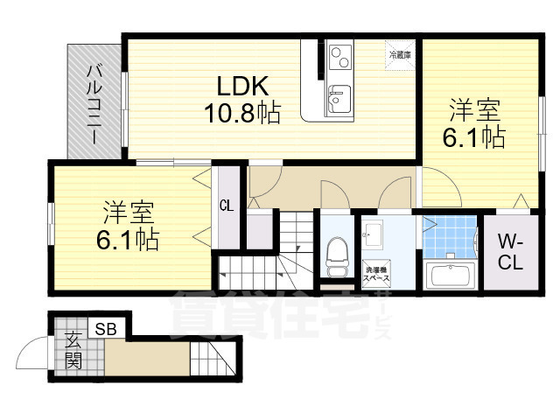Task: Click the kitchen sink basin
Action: coord(338,98)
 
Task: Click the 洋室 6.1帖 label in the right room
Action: coord(475,124)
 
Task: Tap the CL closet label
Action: coord(226,206)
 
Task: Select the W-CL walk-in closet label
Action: coord(511,252)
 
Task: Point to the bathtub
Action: coord(451,276)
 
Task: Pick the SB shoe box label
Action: coord(106,329)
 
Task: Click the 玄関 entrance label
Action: coord(73,350)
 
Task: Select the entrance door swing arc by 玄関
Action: coord(31,359)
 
